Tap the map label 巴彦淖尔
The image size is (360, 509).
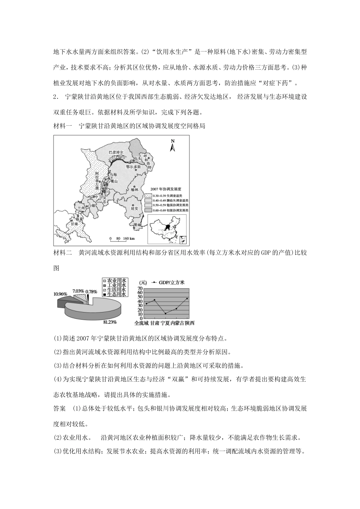click(116, 151)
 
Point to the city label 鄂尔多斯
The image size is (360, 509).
click(133, 166)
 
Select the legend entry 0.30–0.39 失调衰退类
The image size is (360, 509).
click(166, 195)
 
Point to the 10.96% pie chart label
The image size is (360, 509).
click(60, 294)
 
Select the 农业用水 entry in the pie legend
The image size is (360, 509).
click(116, 281)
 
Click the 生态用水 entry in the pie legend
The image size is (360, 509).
click(116, 294)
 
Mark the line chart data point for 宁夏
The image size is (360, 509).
click(165, 313)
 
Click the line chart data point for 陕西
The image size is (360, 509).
click(187, 298)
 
